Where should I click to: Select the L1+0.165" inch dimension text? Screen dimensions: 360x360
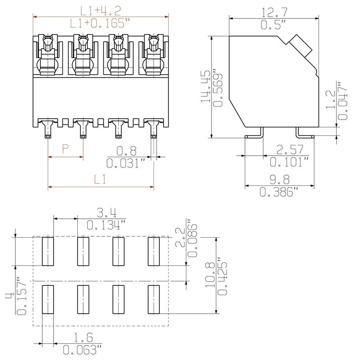pyautogui.click(x=101, y=23)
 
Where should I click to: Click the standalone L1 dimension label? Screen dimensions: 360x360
pyautogui.click(x=101, y=179)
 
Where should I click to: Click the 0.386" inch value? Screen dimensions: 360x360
pyautogui.click(x=279, y=192)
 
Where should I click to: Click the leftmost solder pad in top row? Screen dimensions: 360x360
pyautogui.click(x=48, y=251)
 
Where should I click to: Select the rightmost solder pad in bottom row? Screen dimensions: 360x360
pyautogui.click(x=154, y=300)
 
